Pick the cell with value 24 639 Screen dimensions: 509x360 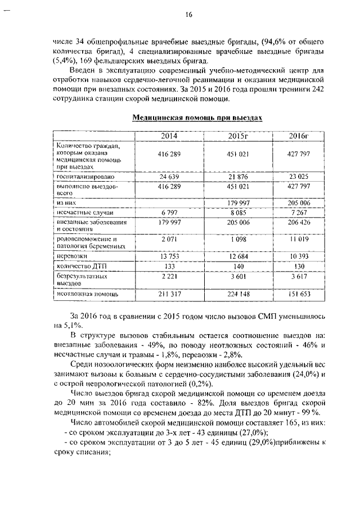coord(168,177)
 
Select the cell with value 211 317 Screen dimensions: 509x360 coord(168,294)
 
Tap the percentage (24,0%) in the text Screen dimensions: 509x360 coord(306,373)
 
